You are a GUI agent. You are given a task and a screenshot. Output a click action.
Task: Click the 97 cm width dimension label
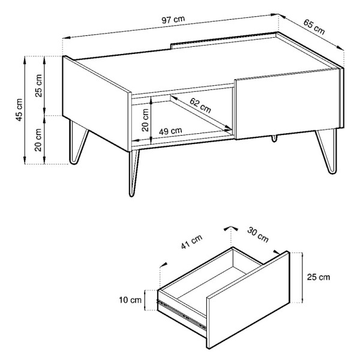173,20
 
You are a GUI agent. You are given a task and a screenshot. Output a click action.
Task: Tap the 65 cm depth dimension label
314,27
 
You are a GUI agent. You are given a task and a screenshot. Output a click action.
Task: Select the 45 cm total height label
19,110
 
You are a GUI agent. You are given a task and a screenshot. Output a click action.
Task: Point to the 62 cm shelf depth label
200,106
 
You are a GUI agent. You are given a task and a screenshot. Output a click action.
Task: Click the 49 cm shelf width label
170,131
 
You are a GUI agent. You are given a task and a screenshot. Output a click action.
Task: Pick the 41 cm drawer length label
192,242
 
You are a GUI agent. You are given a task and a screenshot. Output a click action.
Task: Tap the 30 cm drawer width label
258,235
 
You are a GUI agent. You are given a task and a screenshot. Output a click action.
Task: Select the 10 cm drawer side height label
130,300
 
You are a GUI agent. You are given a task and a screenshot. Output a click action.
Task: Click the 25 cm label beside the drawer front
319,277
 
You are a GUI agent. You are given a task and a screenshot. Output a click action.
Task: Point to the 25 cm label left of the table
38,86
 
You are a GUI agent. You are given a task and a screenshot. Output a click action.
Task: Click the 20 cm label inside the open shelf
146,120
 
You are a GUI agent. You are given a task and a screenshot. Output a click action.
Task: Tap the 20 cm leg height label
38,140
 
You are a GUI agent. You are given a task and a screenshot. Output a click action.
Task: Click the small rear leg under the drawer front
274,138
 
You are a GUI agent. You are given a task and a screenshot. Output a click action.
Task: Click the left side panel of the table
97,104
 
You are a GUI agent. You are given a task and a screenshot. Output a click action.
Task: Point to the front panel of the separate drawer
248,300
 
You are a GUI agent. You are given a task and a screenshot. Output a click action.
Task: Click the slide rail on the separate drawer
181,314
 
